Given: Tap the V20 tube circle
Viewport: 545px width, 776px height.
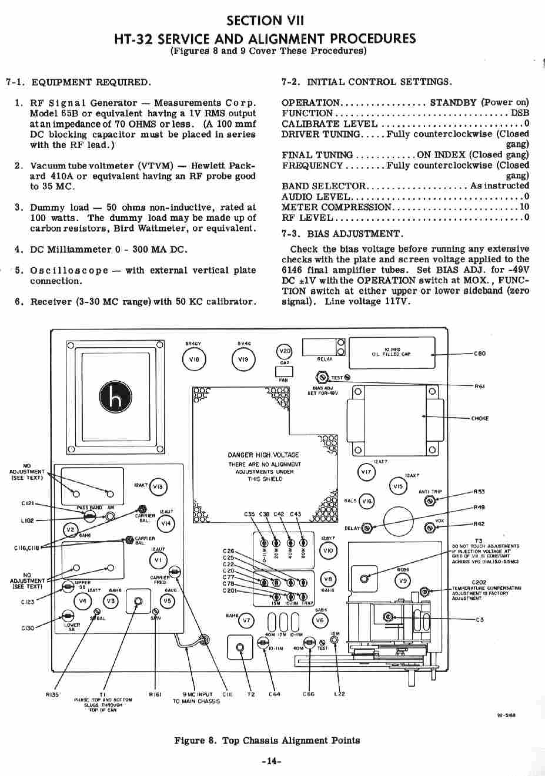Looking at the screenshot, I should [284, 351].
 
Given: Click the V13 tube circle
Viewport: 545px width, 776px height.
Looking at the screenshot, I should [158, 486].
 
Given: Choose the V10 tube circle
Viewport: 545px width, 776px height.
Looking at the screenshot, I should [328, 550].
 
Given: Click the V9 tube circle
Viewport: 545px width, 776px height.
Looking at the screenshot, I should [403, 581].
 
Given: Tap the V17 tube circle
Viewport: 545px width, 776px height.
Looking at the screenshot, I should [366, 472].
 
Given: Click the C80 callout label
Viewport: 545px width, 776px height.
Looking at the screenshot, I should [480, 354].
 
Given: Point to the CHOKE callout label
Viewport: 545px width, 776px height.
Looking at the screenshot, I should [480, 418].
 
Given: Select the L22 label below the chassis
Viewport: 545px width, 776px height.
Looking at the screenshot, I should [339, 694].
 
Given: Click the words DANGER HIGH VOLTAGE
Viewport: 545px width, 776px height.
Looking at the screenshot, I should [263, 455].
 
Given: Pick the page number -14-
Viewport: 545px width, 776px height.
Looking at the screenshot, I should [272, 761].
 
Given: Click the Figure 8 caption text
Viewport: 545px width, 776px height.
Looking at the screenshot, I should [267, 740].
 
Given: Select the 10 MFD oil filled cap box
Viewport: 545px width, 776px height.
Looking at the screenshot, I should [392, 352].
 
